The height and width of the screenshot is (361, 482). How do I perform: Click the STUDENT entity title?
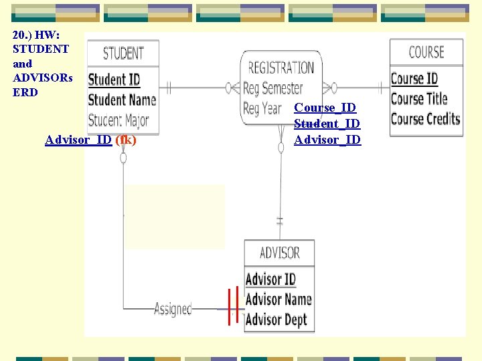[123, 53]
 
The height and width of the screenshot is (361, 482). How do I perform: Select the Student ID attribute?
[114, 80]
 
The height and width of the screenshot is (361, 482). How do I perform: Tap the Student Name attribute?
[122, 100]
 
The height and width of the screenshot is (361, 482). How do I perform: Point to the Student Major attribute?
[118, 121]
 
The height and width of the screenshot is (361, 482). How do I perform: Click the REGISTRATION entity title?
[281, 68]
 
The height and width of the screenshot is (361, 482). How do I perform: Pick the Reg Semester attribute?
[272, 88]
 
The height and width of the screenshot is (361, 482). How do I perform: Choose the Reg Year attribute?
[262, 108]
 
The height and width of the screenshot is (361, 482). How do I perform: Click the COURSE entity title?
[426, 52]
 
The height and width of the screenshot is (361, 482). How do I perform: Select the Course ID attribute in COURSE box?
[414, 78]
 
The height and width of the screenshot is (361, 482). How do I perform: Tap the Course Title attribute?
[418, 99]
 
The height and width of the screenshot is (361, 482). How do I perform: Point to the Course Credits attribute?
[425, 119]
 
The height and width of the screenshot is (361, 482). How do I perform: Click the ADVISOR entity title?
[279, 253]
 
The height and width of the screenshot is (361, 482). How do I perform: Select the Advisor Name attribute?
[278, 299]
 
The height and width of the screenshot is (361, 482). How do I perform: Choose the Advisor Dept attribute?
[276, 320]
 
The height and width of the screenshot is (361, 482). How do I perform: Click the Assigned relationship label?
[173, 309]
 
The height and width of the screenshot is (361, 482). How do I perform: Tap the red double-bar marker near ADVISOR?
[233, 305]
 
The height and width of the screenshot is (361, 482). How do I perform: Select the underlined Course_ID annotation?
[325, 108]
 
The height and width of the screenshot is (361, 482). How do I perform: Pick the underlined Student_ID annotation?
[327, 124]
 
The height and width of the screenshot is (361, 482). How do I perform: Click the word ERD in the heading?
[25, 92]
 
